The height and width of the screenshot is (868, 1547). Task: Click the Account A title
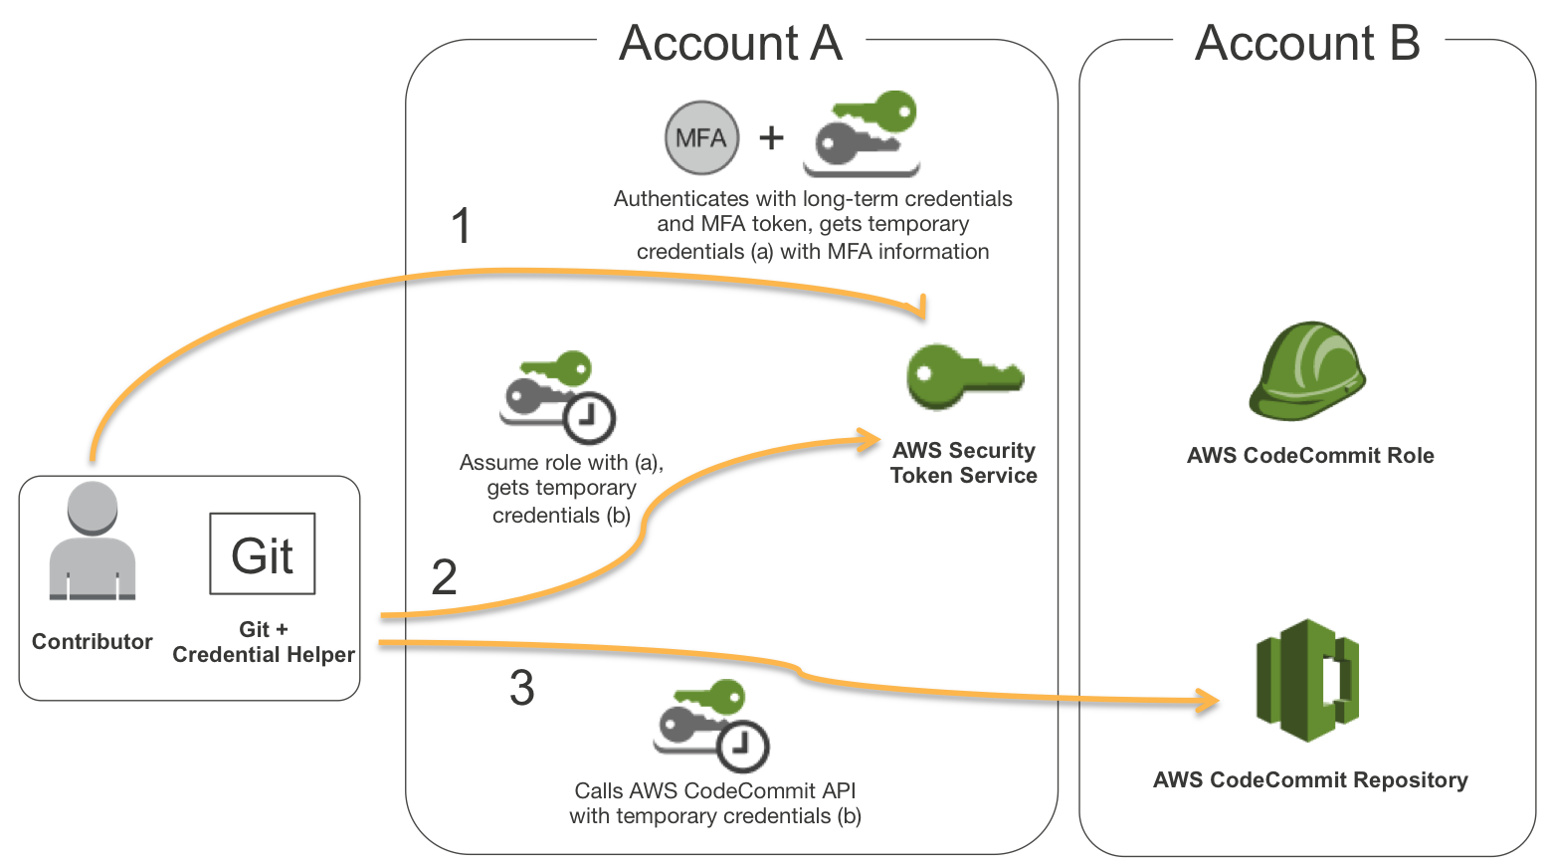click(730, 44)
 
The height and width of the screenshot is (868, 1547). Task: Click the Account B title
click(1307, 44)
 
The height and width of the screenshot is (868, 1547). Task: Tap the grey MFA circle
click(701, 137)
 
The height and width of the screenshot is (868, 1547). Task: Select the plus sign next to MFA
click(771, 137)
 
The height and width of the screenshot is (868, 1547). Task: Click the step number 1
click(461, 226)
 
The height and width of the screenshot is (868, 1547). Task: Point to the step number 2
click(444, 577)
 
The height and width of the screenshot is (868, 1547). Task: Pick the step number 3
click(521, 688)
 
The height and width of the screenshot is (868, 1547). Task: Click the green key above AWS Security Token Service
click(963, 376)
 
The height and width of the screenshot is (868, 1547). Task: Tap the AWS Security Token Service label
click(963, 463)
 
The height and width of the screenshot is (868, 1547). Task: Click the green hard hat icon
click(1307, 370)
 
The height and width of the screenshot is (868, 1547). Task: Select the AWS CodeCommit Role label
click(1310, 456)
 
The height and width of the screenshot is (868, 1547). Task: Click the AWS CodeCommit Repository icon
click(1307, 680)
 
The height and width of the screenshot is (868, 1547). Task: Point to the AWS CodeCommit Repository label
click(1310, 780)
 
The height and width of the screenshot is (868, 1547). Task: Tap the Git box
click(263, 553)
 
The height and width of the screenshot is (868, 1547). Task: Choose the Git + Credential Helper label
click(264, 642)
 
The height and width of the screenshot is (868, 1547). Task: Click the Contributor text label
click(93, 642)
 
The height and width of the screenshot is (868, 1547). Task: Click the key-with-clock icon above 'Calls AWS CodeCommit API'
click(712, 726)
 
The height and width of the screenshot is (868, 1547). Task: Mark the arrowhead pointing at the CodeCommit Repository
click(1209, 701)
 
